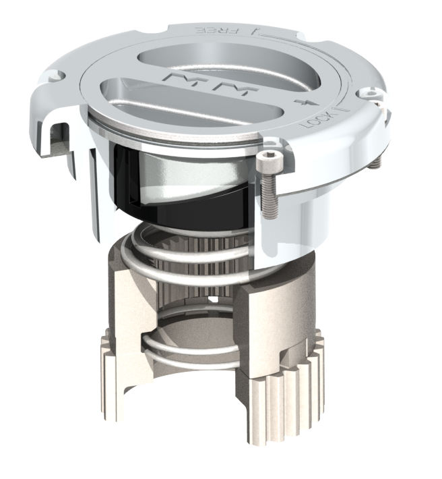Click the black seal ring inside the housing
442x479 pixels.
coord(175,202)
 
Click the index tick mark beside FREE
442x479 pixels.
coord(253,31)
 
